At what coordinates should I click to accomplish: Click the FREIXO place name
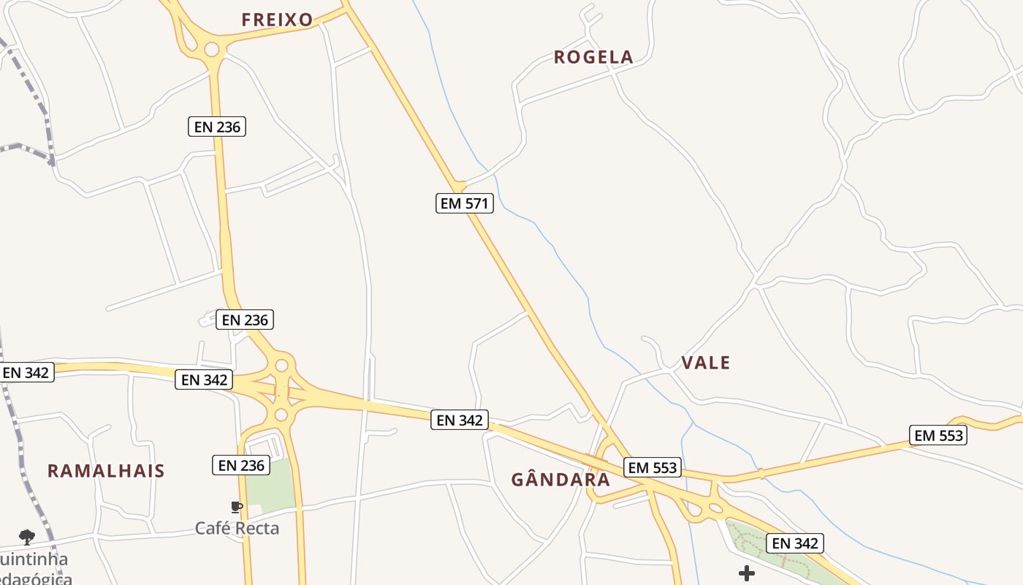(x=277, y=20)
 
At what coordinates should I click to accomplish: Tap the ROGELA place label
(x=593, y=57)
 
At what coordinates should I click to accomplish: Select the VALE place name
(x=705, y=363)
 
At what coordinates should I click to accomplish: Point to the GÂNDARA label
(x=560, y=480)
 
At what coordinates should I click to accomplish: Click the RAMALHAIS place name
(x=106, y=470)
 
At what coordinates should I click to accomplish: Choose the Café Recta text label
(x=237, y=528)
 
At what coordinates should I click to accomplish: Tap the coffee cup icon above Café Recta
(x=236, y=507)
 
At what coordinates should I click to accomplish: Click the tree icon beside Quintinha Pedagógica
(x=27, y=537)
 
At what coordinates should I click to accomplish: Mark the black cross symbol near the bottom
(x=747, y=573)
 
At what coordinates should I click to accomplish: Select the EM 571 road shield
(x=465, y=203)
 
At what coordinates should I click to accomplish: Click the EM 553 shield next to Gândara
(x=653, y=467)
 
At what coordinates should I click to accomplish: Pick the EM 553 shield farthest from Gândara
(x=939, y=436)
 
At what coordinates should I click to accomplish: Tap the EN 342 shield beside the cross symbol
(x=795, y=543)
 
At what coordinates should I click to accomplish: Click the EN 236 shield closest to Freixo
(x=217, y=127)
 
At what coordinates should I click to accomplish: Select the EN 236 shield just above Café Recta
(x=241, y=465)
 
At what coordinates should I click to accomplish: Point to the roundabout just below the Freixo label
(x=212, y=50)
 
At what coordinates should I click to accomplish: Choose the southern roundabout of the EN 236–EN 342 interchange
(x=281, y=415)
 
